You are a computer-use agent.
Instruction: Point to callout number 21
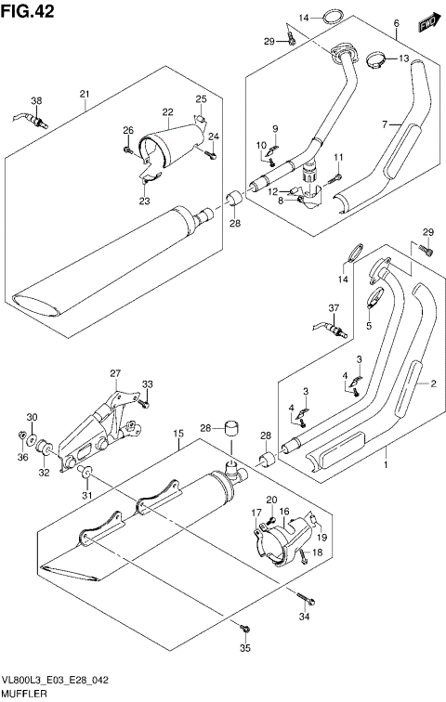84,94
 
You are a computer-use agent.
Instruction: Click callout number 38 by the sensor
36,101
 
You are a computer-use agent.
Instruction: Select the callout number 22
168,113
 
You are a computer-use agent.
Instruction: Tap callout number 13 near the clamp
404,58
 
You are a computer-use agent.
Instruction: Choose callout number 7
383,123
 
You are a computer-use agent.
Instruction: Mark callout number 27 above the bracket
115,374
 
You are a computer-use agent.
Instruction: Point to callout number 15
176,434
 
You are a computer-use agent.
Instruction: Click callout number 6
396,23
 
